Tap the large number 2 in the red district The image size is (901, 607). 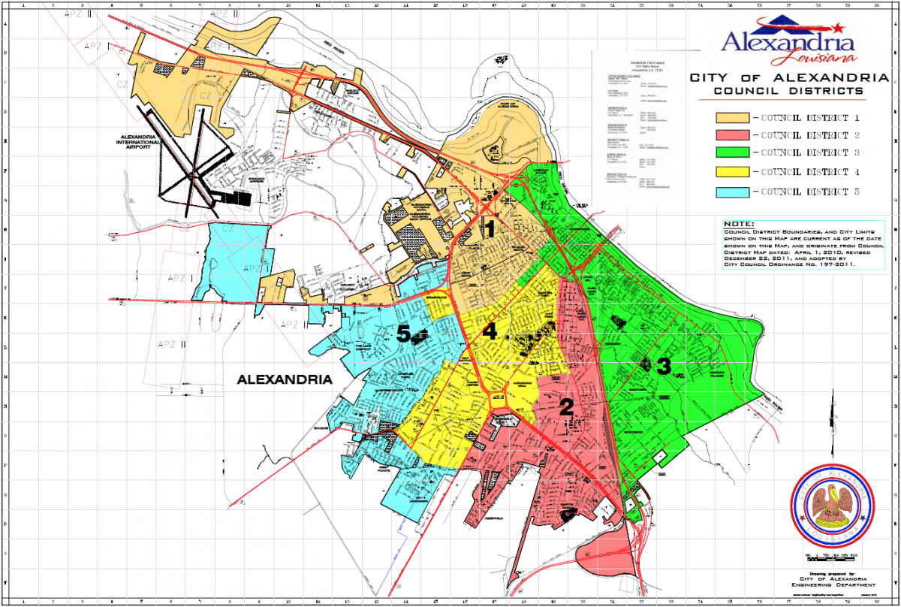567,407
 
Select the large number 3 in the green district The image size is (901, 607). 664,367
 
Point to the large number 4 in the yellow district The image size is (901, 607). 490,331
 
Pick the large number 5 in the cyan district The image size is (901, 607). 404,335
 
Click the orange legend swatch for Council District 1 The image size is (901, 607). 732,118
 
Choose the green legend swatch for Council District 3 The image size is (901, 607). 732,154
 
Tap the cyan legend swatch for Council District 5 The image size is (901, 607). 732,192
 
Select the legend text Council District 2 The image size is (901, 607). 809,136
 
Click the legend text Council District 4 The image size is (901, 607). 809,173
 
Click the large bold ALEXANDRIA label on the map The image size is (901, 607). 284,380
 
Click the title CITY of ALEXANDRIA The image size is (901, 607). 789,78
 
